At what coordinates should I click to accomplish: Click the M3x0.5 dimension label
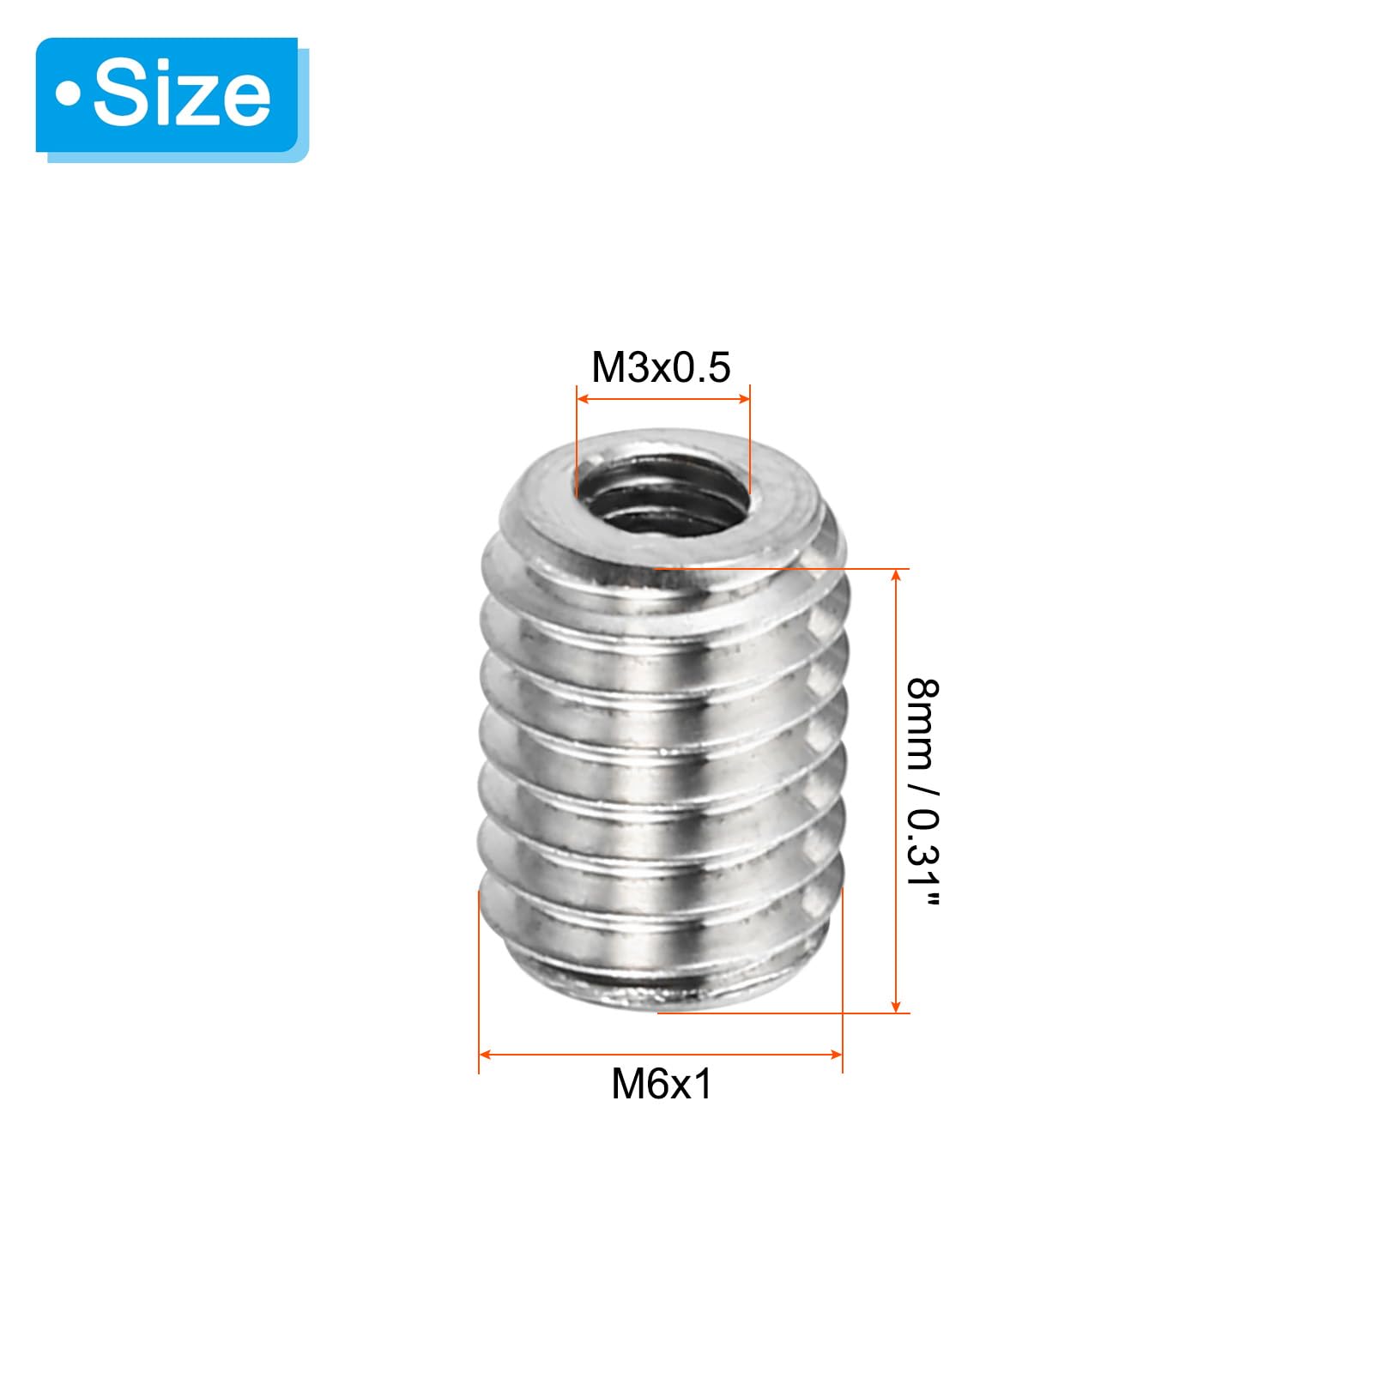tap(661, 367)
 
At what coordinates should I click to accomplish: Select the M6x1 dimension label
tap(662, 1084)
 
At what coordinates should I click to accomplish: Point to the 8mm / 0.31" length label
tap(922, 791)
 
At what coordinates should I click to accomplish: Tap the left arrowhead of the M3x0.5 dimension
tap(584, 399)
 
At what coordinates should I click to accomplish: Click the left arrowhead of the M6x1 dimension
tap(486, 1054)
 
